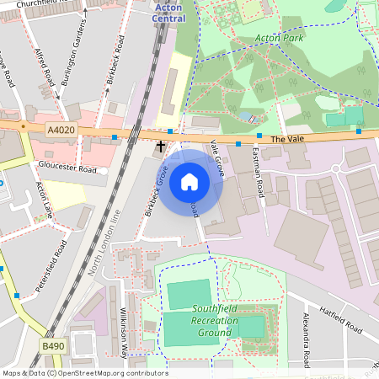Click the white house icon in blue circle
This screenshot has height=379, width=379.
point(189,181)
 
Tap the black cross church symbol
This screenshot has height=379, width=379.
point(160,147)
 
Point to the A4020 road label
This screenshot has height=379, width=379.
point(61,130)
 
